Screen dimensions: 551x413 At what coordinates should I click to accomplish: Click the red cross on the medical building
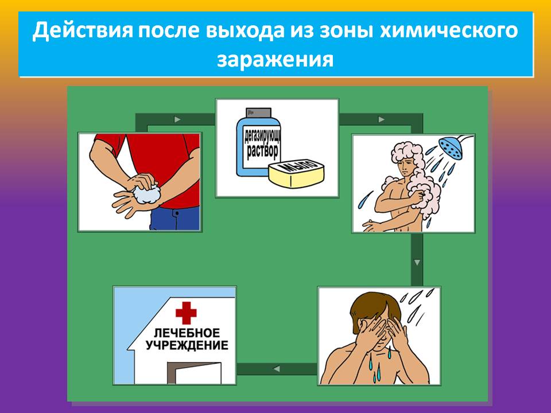click(x=186, y=313)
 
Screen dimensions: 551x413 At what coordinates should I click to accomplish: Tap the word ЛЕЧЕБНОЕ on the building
click(x=187, y=333)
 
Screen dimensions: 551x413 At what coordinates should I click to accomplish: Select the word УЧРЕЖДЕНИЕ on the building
click(x=187, y=345)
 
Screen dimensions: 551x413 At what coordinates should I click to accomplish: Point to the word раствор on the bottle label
click(x=263, y=151)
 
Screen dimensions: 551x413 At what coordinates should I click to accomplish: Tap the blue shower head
click(x=451, y=149)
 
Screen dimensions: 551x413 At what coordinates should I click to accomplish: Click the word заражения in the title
click(x=275, y=60)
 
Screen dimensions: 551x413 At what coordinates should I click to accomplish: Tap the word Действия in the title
click(x=83, y=31)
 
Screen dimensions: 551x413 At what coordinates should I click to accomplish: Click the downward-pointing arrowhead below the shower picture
click(x=417, y=262)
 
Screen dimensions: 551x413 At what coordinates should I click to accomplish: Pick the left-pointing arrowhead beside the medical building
click(x=277, y=369)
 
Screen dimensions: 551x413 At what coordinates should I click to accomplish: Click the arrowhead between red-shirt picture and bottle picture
click(x=177, y=120)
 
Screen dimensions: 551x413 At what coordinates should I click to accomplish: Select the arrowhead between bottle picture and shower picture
click(x=381, y=120)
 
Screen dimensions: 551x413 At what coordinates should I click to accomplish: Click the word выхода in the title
click(x=245, y=30)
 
